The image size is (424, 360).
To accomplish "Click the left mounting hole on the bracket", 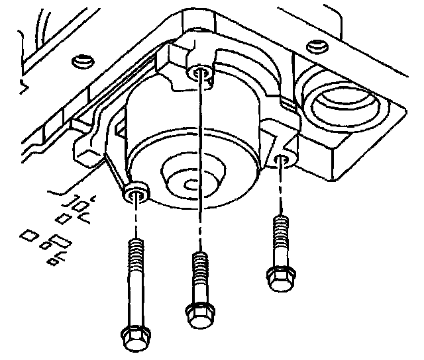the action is tap(136, 194).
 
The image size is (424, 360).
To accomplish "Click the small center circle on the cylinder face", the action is tap(193, 182).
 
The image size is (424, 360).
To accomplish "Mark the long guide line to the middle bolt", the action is tap(199, 165).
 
